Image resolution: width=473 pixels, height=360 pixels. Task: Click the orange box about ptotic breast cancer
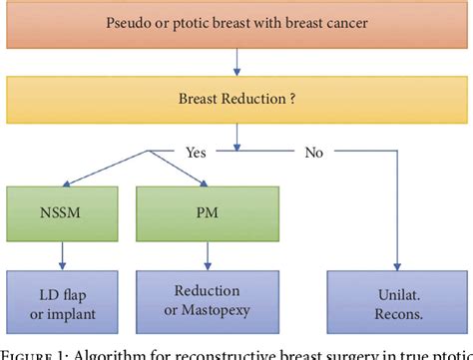coord(236,23)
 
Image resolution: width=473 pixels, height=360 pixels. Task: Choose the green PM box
coord(207,212)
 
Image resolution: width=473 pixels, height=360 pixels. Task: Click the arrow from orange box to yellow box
coord(236,63)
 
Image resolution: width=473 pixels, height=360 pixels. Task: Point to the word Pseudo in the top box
coord(134,23)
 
